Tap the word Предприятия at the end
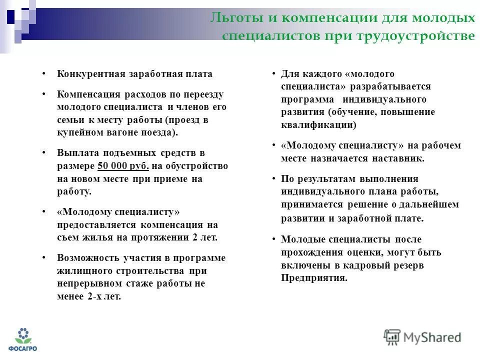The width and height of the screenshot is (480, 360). [x=313, y=278]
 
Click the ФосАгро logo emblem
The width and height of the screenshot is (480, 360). [x=22, y=335]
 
